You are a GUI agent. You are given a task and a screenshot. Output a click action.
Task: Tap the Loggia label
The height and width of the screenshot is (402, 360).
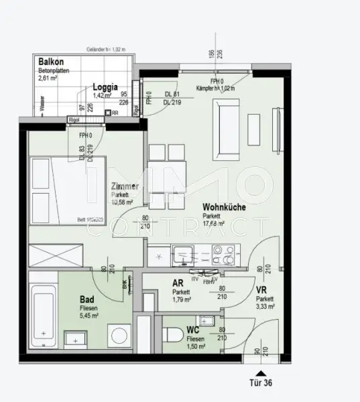point(105,86)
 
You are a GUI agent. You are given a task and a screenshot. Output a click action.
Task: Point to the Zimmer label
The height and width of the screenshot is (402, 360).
point(126,187)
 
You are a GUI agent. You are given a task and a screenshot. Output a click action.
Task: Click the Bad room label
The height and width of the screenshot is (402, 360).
point(87,299)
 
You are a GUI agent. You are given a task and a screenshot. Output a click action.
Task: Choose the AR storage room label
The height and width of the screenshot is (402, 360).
point(178,283)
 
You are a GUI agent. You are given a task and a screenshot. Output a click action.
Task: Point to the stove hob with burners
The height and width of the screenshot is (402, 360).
point(225,256)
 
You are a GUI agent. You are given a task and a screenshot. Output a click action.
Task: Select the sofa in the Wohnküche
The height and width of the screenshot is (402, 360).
point(222,120)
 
